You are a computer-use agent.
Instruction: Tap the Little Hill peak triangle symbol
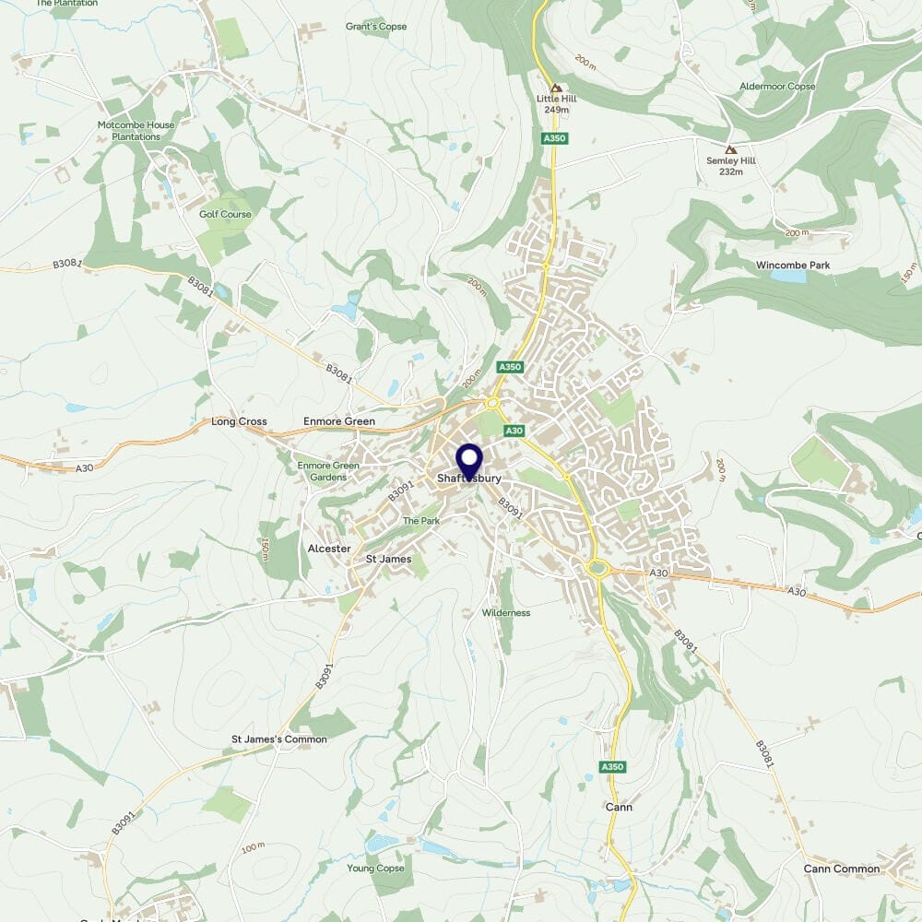coord(555,89)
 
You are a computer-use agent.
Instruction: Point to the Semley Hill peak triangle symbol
coord(731,149)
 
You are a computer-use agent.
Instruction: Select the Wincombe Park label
coord(793,266)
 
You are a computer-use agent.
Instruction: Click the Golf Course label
coord(225,214)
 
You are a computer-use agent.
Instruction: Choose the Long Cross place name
coord(239,421)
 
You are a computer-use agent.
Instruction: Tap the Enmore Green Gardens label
coord(328,471)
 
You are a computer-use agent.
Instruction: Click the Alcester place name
coord(328,549)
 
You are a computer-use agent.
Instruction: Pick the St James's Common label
coord(278,739)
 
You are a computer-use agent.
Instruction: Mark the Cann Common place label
coord(842,869)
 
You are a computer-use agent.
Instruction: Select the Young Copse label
coord(375,869)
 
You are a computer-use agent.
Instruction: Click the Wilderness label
coord(506,613)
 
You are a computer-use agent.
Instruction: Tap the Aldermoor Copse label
coord(777,87)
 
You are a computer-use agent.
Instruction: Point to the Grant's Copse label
coord(376,27)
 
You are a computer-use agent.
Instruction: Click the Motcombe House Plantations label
coord(129,131)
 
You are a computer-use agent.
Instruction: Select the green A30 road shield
coord(514,431)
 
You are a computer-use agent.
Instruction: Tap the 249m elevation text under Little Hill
coord(555,110)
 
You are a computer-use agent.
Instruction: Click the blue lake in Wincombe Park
coord(787,276)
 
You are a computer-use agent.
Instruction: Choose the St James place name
coord(388,559)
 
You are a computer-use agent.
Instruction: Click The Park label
coord(421,521)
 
